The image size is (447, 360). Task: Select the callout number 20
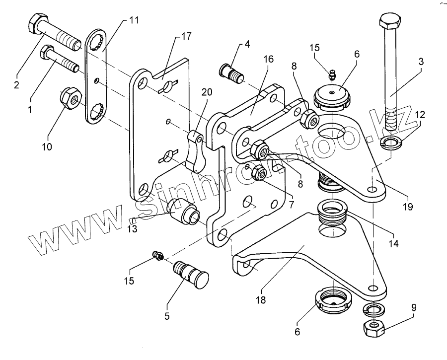pos(207,92)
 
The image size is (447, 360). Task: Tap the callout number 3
pos(421,62)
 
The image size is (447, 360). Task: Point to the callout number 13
pos(133,228)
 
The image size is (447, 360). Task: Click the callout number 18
pos(261,300)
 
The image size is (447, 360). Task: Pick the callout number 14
pos(393,243)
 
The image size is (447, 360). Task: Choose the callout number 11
pos(133,20)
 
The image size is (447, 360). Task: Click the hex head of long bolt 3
pos(390,20)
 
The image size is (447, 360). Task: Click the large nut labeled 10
pos(71,98)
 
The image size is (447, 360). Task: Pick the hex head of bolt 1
pos(46,52)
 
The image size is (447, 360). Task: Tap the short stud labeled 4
pos(231,73)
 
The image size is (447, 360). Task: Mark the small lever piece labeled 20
pos(195,152)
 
